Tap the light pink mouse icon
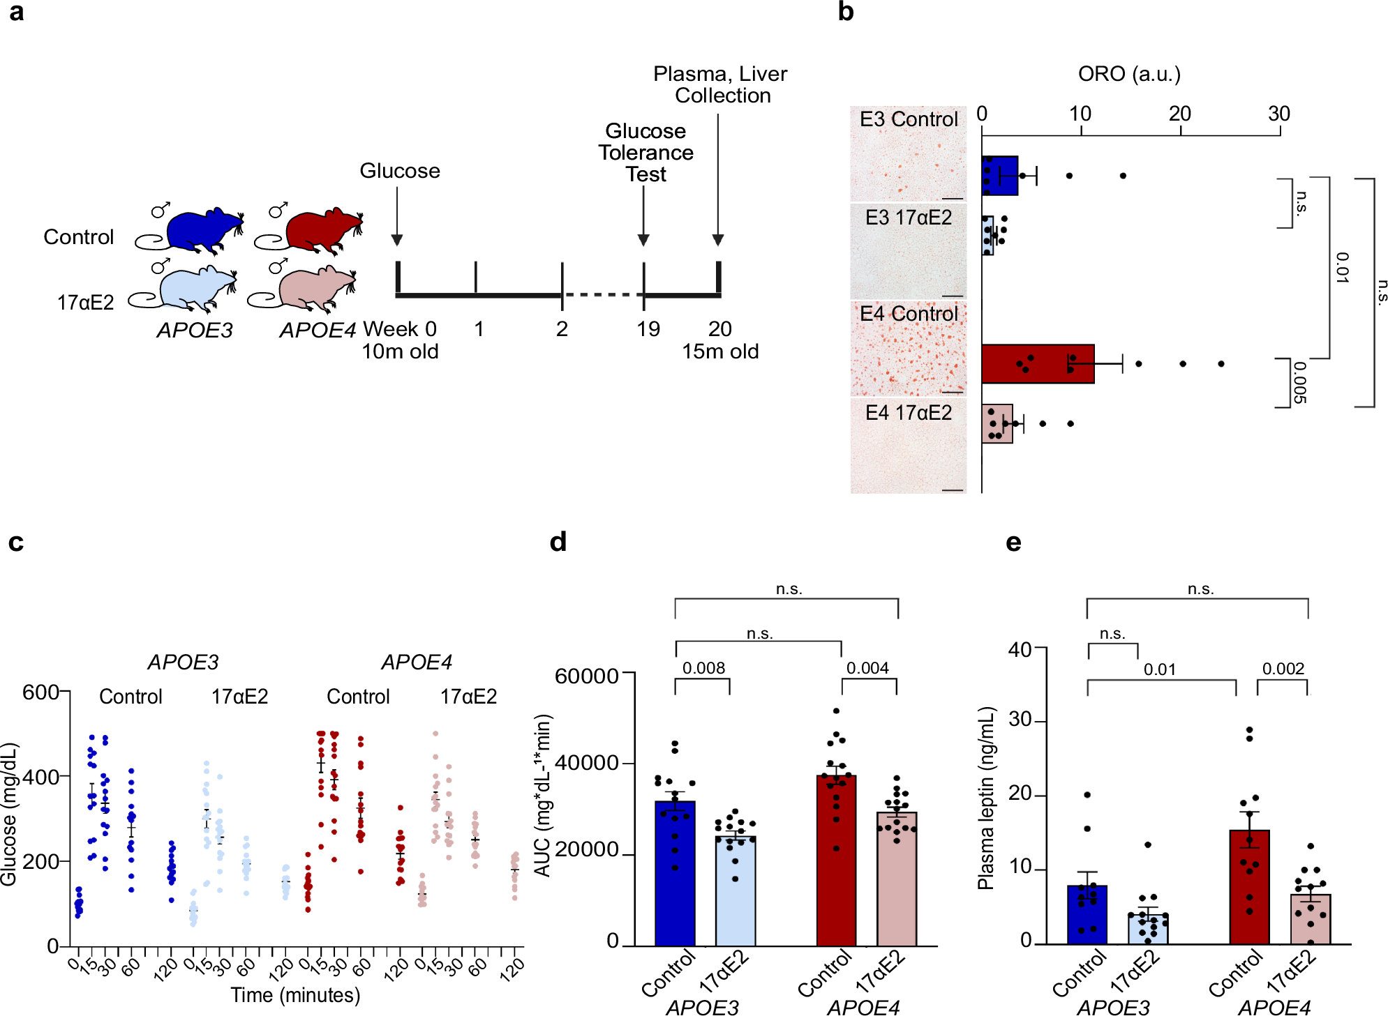311,288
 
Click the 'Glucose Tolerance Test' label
646,152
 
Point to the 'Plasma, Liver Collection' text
720,84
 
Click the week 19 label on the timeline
648,328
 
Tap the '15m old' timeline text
720,351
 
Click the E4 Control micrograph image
908,349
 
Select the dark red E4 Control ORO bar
1037,363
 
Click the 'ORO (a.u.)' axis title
1129,74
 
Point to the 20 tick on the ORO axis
1179,114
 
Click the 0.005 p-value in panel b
1299,382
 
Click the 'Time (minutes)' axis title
295,994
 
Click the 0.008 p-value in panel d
703,668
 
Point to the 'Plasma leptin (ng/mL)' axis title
985,798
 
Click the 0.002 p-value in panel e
1283,669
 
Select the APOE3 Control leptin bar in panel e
1087,914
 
